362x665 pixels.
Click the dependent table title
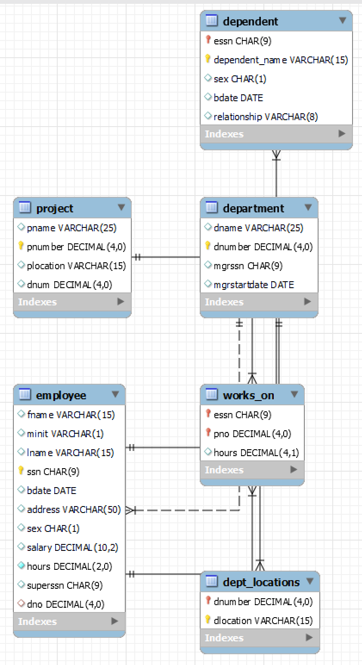[x=250, y=21]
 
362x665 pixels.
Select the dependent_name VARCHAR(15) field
[x=280, y=60]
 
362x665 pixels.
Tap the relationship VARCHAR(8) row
[x=265, y=117]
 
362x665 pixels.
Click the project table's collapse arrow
[x=121, y=208]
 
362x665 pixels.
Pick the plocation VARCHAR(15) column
[x=76, y=266]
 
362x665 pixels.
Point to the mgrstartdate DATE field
[x=254, y=285]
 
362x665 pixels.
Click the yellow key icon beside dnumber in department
[x=207, y=246]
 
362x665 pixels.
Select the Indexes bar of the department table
[x=258, y=302]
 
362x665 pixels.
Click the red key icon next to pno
[x=208, y=433]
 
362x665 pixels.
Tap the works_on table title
[x=248, y=395]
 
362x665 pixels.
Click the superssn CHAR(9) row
[x=65, y=585]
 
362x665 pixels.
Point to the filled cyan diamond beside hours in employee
[x=21, y=566]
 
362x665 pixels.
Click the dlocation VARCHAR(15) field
[x=263, y=621]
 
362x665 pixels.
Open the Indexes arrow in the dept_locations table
[x=309, y=637]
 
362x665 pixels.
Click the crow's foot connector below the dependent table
[x=276, y=155]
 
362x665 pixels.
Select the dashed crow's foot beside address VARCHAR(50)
[x=130, y=510]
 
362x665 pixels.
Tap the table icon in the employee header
[x=25, y=395]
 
